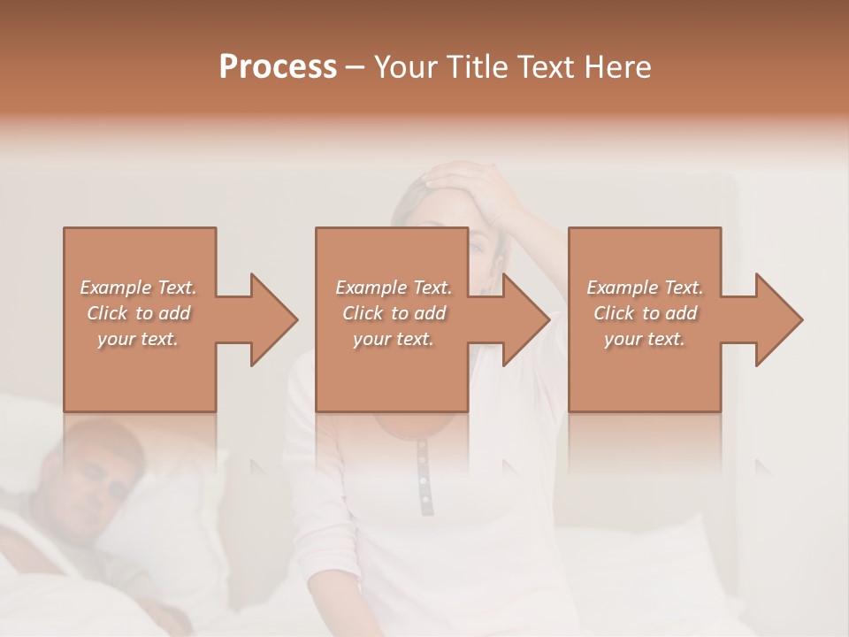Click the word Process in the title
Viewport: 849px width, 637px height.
278,67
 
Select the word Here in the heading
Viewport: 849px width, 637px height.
618,67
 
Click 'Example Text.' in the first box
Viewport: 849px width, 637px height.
139,288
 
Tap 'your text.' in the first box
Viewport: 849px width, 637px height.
139,339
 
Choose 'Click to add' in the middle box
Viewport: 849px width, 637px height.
394,313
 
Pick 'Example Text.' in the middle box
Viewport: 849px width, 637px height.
394,288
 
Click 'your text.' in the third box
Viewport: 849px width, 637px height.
645,339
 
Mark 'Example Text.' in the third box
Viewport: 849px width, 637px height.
645,288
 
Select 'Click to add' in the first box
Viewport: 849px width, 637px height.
139,313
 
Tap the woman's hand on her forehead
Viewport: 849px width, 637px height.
464,181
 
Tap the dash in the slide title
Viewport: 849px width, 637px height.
356,67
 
